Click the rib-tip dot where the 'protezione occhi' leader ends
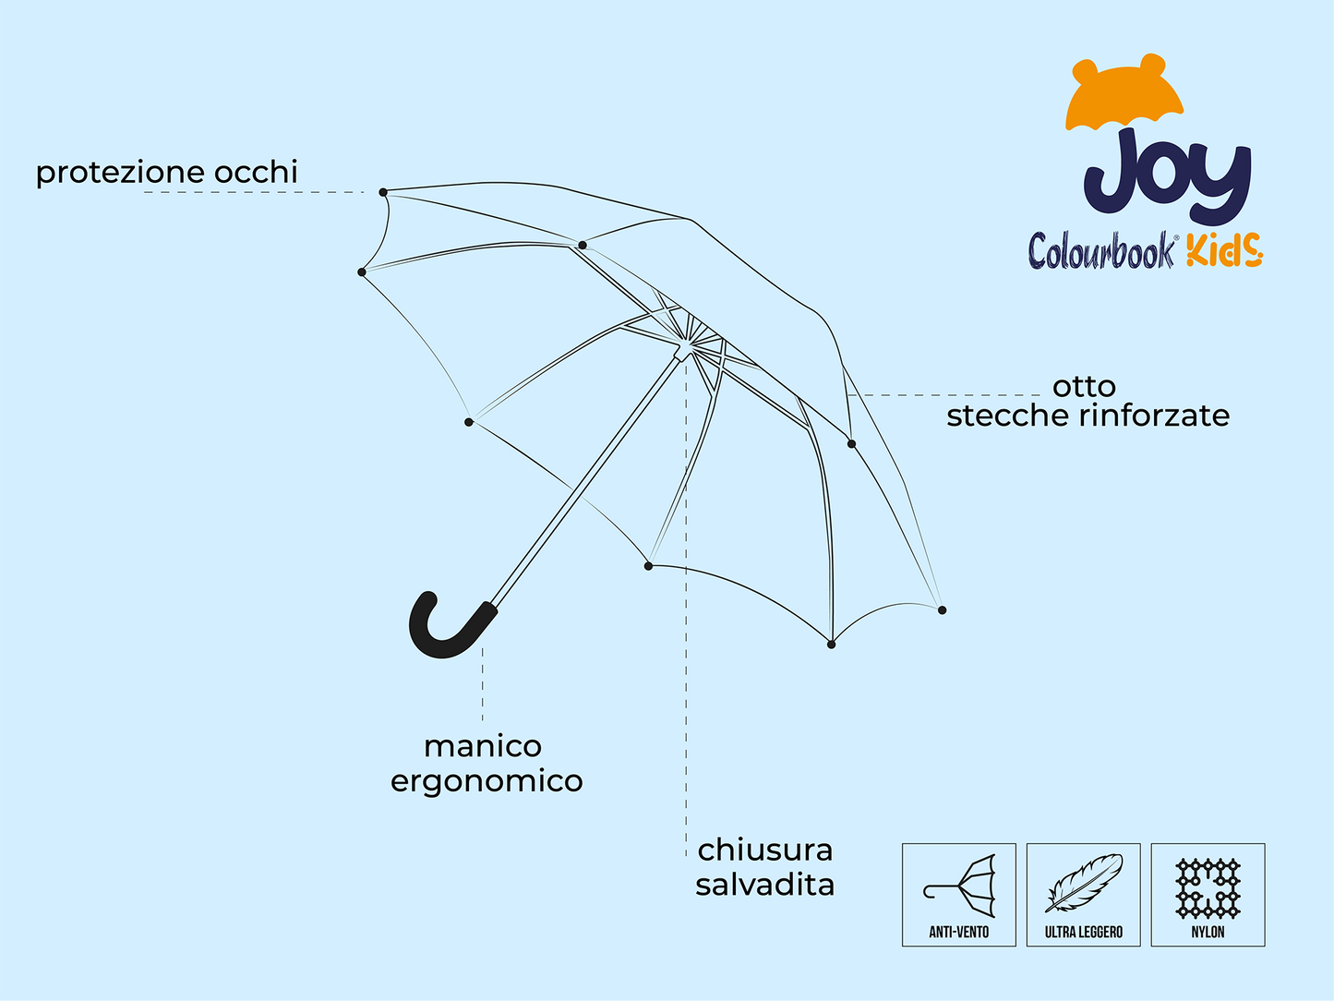pos(383,192)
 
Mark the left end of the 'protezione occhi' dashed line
pos(145,192)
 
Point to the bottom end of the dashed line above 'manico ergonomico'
pos(483,721)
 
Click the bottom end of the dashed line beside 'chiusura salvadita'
pos(686,856)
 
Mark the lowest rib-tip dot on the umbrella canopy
pos(832,645)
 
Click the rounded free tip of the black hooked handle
pos(428,598)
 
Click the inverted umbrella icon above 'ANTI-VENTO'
pos(959,886)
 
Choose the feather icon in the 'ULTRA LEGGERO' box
pos(1084,883)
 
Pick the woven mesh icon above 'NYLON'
pos(1208,888)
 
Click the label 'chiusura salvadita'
pos(764,867)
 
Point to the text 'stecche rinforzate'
pos(1088,416)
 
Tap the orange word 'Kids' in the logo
pos(1225,250)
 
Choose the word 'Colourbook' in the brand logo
pos(1101,250)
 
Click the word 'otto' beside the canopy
pos(1084,387)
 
